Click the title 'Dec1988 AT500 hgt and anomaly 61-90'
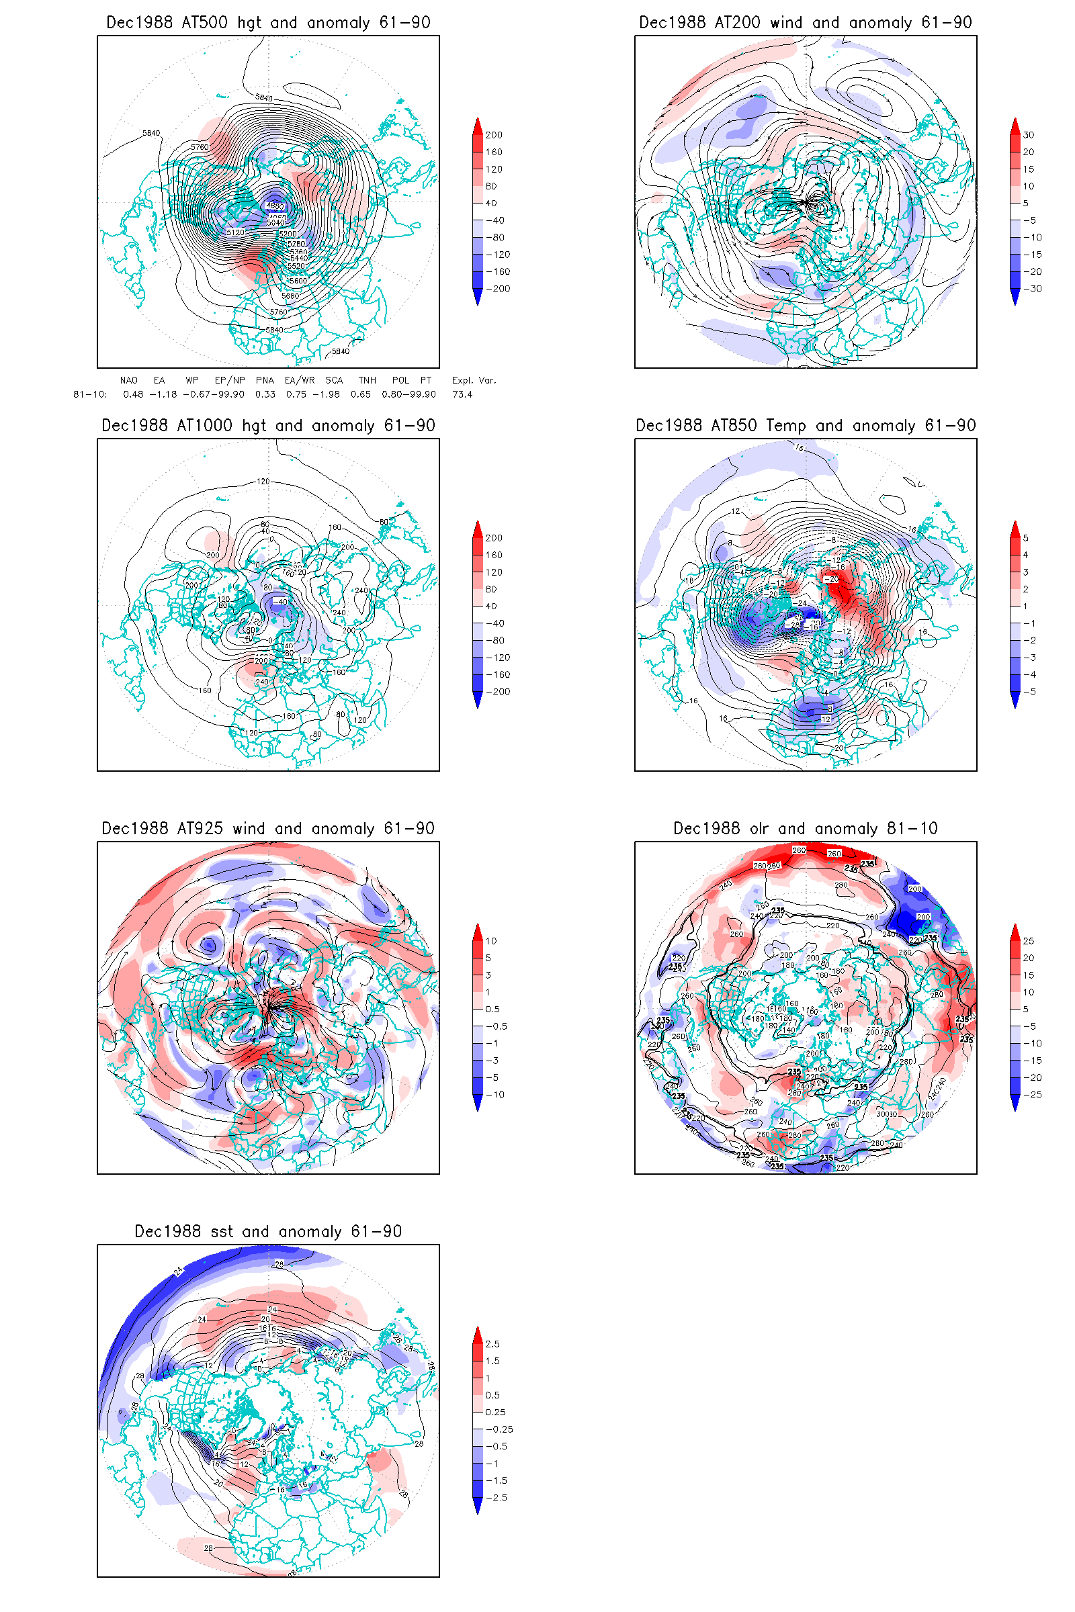pos(268,23)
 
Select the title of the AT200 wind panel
pos(805,23)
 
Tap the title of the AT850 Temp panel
pos(805,426)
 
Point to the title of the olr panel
pos(805,829)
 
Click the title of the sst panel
pos(268,1232)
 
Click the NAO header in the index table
pos(129,380)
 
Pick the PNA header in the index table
pos(265,380)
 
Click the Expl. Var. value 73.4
pos(462,394)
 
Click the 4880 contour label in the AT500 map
pos(275,206)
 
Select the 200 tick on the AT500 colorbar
pos(494,135)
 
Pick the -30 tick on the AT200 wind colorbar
pos(1032,289)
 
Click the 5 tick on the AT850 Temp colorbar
pos(1026,538)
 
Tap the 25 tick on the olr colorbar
pos(1029,941)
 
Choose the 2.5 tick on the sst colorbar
pos(492,1344)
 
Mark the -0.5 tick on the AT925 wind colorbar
pos(497,1026)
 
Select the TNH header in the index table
pos(367,380)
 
